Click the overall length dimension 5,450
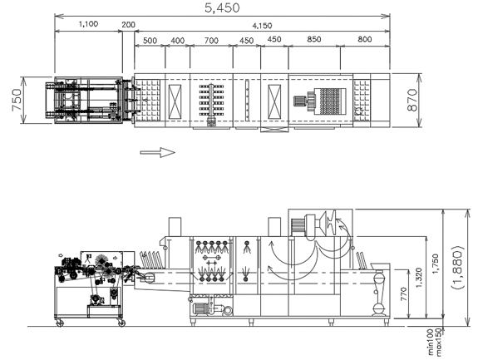tap(222, 8)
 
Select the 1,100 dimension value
tap(88, 24)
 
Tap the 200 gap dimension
tap(128, 25)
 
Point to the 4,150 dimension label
tap(262, 26)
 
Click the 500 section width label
tap(150, 41)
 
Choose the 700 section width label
tap(211, 41)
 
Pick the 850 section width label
tap(314, 39)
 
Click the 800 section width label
tap(365, 39)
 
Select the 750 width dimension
tap(17, 100)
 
